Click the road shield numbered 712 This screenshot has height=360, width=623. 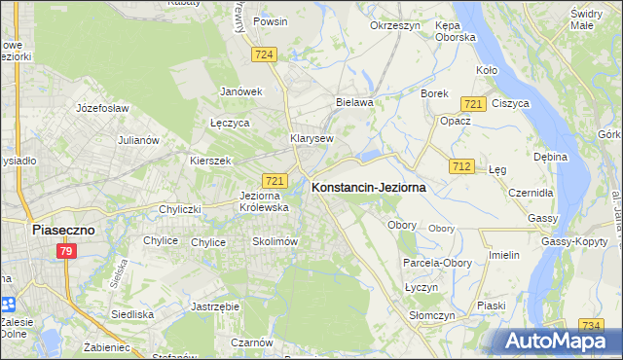pos(462,167)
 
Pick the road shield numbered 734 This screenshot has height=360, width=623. pos(590,326)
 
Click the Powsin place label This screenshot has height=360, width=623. pos(269,20)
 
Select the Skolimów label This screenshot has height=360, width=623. pos(274,241)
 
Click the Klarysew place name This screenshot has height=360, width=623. pos(311,138)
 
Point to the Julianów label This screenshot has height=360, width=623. pos(138,140)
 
